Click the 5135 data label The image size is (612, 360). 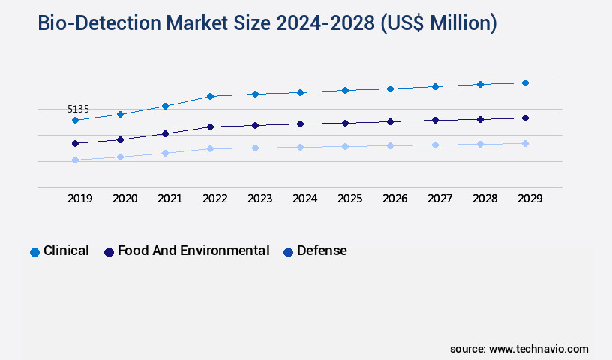[78, 109]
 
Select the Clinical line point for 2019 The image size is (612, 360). [75, 120]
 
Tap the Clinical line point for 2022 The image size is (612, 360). [210, 96]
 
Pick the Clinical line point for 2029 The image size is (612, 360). [525, 82]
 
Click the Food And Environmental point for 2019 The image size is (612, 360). [75, 143]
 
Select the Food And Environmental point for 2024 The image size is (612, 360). [300, 124]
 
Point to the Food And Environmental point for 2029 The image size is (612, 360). [525, 118]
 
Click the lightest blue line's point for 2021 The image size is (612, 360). [165, 153]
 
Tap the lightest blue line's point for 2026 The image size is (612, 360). [390, 145]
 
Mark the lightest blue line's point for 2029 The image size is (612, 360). [525, 143]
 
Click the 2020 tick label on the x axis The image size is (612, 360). [124, 199]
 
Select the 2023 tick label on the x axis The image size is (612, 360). [259, 199]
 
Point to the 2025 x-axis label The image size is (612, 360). [349, 199]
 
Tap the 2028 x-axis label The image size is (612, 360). [484, 199]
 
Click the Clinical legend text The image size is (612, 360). [66, 250]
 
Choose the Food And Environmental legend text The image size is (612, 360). [193, 250]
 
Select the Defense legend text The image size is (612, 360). [322, 250]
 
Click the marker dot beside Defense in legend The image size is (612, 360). [288, 252]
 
